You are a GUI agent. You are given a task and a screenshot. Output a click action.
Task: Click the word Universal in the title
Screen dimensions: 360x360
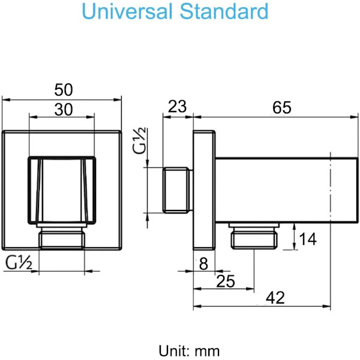coord(127,11)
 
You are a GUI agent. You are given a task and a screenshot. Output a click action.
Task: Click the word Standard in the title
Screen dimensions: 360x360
coord(224,11)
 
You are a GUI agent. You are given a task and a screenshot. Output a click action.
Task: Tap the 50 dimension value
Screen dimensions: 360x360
coord(64,90)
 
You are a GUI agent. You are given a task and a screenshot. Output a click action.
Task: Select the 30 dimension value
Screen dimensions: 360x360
coord(64,110)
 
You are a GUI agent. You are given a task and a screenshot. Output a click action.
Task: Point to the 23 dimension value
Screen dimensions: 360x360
coord(177,107)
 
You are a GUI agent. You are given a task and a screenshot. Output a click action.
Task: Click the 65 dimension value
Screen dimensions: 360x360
coord(282,107)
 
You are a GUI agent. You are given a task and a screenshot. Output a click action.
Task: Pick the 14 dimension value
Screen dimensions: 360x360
coord(308,239)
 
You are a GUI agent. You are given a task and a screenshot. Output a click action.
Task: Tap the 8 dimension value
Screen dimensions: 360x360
coord(203,263)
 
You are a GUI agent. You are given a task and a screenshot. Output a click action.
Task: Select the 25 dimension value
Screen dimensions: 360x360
coord(226,281)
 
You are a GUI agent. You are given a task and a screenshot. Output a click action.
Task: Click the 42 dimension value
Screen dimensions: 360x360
coord(275,298)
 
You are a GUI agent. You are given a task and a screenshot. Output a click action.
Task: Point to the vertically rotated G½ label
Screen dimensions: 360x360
coord(139,140)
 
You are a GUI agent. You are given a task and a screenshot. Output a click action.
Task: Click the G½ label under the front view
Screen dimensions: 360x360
coord(19,263)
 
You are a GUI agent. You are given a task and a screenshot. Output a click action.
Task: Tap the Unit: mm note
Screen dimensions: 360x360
coord(189,351)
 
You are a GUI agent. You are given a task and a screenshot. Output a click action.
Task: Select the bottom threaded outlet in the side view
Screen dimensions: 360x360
coord(254,236)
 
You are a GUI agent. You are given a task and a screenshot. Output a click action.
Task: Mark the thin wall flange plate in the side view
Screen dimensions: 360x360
coord(204,190)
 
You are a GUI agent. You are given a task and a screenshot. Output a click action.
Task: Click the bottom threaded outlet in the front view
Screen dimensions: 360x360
coord(62,236)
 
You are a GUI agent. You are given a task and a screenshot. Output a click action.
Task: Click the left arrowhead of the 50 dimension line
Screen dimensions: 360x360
coord(6,100)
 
